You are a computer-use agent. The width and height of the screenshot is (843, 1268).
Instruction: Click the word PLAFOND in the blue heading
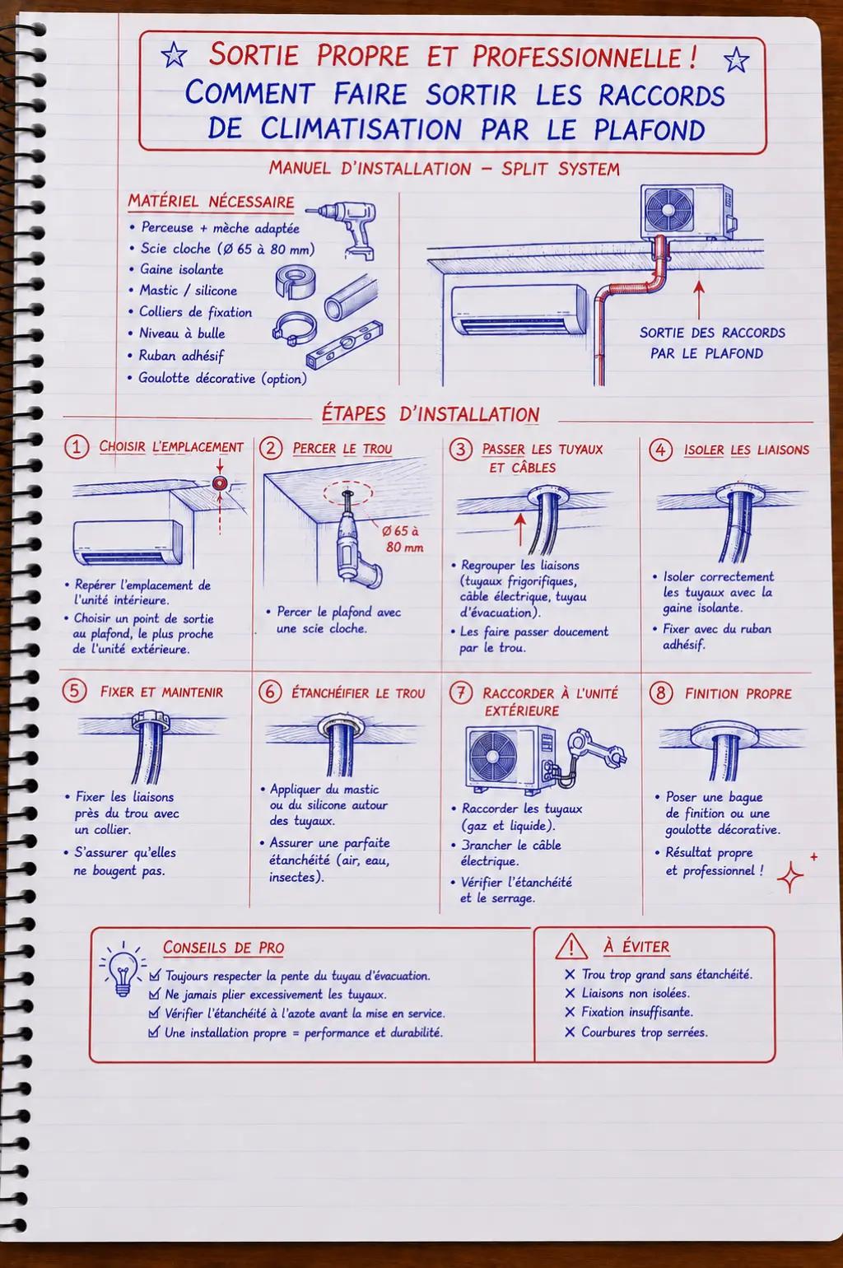tap(650, 129)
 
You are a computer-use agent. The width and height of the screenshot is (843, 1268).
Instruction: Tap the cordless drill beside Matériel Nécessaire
tap(346, 229)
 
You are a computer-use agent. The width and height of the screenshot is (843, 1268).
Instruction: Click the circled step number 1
tap(77, 447)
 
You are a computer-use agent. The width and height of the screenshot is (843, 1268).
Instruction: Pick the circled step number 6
tap(270, 692)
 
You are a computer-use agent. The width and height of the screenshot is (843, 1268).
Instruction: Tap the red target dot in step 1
tap(220, 483)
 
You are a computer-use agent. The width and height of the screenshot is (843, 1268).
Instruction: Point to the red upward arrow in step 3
tap(519, 529)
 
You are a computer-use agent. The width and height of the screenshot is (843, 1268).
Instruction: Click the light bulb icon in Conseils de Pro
tap(123, 972)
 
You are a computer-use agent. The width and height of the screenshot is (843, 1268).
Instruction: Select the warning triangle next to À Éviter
tap(571, 947)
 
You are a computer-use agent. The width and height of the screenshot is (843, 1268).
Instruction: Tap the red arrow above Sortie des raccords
tap(699, 300)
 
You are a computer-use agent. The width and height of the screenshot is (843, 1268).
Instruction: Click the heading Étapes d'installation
tap(431, 414)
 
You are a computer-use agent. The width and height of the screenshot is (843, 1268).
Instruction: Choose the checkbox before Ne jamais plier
tap(154, 994)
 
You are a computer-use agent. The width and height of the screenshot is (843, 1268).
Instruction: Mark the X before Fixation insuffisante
tap(570, 1012)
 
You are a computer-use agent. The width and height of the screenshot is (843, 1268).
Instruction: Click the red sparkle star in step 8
tap(790, 877)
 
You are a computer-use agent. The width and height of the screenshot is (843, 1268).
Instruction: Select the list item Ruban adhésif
tap(182, 356)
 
